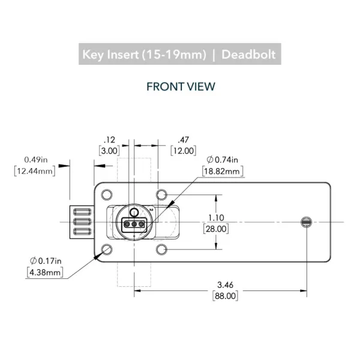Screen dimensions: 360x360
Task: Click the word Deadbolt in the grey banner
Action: [x=248, y=55]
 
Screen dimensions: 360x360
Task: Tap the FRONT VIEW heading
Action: [x=181, y=87]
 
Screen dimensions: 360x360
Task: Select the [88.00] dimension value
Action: [x=225, y=296]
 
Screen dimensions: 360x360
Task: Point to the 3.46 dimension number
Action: [x=225, y=284]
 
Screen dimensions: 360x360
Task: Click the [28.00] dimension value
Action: [x=216, y=229]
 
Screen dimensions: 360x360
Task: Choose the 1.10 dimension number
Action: [x=216, y=218]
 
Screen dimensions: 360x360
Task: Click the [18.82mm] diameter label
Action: [x=222, y=171]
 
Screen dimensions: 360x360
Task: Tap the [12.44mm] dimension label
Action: [x=35, y=171]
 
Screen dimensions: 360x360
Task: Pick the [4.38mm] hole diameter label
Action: [x=45, y=272]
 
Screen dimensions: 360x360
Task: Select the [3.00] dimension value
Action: [x=109, y=151]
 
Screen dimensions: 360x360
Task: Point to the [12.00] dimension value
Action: [x=183, y=151]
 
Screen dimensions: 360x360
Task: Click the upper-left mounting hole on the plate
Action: [x=107, y=194]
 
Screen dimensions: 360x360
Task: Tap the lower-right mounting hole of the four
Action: [x=161, y=250]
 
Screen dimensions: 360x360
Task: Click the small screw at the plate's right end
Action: [x=306, y=222]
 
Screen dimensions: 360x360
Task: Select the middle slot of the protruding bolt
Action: [x=82, y=222]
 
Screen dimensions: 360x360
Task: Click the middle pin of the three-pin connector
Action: [x=134, y=224]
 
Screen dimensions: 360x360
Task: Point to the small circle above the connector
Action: [x=134, y=212]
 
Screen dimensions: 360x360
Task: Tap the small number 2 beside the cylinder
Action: [x=151, y=209]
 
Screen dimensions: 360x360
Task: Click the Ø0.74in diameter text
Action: [x=222, y=160]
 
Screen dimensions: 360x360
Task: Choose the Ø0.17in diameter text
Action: [x=46, y=261]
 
